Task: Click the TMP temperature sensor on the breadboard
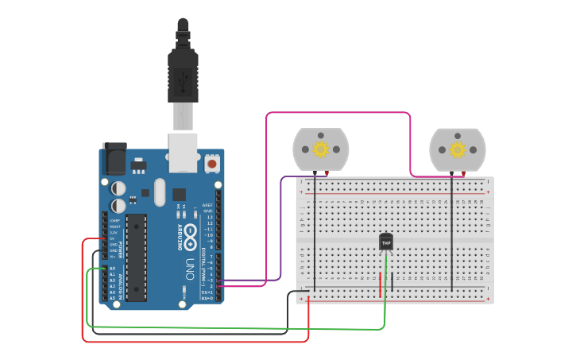tap(386, 242)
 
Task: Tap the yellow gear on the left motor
tap(320, 149)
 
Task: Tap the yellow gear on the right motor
tap(457, 149)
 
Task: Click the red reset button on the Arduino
tap(212, 164)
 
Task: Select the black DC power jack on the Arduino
tap(114, 158)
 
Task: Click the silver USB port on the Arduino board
tap(183, 153)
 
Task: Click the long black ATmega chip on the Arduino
tap(136, 257)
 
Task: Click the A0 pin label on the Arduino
tap(112, 269)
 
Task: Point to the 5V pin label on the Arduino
tap(112, 238)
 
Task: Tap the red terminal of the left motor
tap(327, 172)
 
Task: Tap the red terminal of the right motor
tap(463, 172)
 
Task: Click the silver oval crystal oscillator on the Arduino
tap(159, 192)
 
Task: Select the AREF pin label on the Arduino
tap(207, 204)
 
